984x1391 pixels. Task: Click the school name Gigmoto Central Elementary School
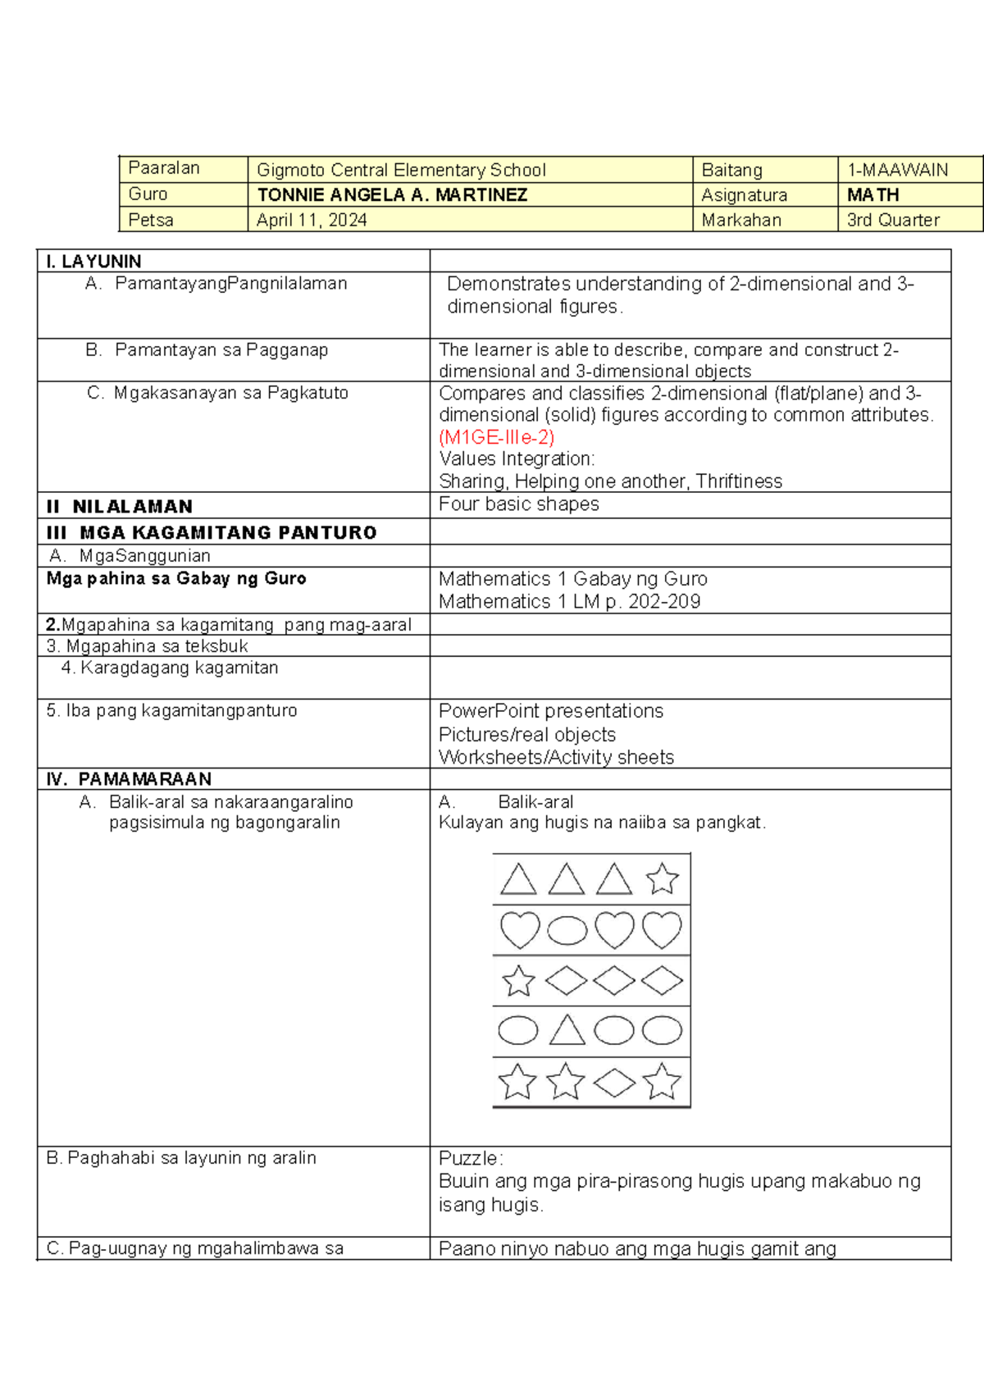[x=401, y=170]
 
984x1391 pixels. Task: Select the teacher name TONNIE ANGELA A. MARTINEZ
[x=392, y=195]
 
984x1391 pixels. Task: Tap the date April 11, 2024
[x=312, y=220]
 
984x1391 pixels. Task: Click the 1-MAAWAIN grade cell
[x=897, y=170]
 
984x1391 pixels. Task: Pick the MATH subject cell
[x=872, y=195]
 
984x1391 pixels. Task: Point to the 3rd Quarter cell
[x=893, y=220]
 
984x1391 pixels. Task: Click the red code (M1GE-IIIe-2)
[x=497, y=436]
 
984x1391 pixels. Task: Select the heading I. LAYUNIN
[x=93, y=261]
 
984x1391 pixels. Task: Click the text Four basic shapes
[x=518, y=504]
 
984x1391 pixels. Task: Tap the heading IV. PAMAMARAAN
[x=129, y=778]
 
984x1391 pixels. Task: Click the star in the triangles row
[x=662, y=879]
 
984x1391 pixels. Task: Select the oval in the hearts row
[x=567, y=930]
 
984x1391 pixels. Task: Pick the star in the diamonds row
[x=518, y=981]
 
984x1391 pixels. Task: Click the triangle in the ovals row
[x=567, y=1030]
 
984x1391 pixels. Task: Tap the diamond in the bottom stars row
[x=614, y=1083]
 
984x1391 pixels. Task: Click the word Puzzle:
[x=471, y=1158]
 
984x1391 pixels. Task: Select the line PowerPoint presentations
[x=550, y=710]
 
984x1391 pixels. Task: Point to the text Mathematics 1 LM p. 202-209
[x=569, y=601]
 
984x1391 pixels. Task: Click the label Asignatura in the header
[x=744, y=195]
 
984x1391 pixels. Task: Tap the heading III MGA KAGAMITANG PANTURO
[x=212, y=532]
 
